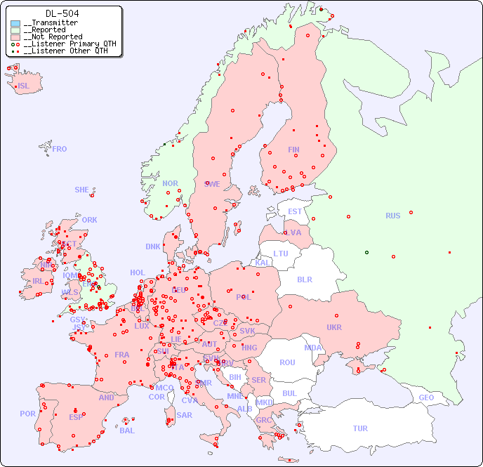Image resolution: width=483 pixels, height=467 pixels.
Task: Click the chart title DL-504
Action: [x=62, y=13]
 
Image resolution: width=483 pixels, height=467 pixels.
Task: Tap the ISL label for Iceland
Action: [x=24, y=86]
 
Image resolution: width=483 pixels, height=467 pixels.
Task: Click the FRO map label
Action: [x=60, y=149]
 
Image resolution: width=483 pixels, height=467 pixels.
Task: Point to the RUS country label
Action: [x=392, y=216]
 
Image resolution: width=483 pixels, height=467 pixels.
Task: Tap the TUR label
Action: [x=360, y=428]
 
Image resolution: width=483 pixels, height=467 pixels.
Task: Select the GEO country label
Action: [x=426, y=397]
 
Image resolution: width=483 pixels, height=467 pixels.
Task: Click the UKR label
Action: [x=334, y=327]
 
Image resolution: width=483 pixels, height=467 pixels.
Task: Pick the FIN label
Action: [x=293, y=150]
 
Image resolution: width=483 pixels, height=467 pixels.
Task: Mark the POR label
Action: [x=27, y=414]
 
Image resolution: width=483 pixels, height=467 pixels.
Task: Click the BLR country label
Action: [x=305, y=279]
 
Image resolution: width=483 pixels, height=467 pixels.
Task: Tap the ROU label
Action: [x=287, y=362]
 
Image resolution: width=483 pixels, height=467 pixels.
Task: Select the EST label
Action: [x=295, y=211]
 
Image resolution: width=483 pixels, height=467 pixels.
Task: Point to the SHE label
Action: [x=82, y=190]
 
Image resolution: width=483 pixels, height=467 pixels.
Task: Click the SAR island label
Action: [x=185, y=415]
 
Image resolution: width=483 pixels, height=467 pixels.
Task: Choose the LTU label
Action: [x=281, y=254]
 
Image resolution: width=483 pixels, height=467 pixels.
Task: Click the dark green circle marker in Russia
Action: [x=366, y=252]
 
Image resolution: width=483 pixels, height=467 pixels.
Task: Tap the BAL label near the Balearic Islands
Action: [x=127, y=430]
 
